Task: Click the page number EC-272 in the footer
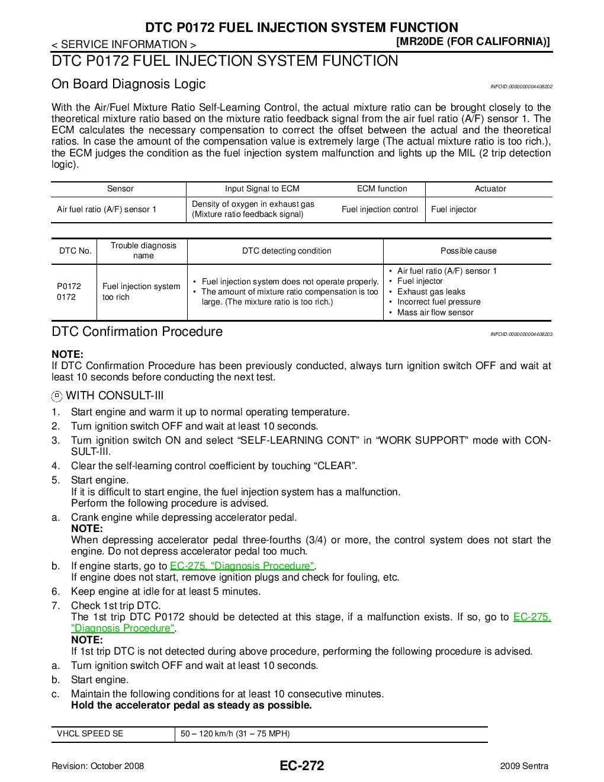[302, 765]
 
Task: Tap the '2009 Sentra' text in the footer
[524, 766]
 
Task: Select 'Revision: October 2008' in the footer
[98, 766]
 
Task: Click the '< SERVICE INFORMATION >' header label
[124, 44]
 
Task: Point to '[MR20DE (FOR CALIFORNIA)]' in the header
[473, 41]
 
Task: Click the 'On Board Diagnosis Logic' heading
[128, 84]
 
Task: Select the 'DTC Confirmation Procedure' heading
[137, 332]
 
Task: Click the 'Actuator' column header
[490, 189]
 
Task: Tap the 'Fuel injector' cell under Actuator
[454, 209]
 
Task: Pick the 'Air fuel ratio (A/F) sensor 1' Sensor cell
[107, 209]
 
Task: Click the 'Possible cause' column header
[468, 251]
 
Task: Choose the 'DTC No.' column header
[75, 251]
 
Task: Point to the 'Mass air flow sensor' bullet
[435, 312]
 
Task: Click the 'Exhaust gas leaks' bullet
[431, 291]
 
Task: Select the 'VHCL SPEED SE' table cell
[90, 733]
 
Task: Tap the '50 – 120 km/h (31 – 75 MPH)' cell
[235, 733]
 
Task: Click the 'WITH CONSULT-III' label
[115, 396]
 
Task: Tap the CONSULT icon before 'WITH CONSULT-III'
[57, 396]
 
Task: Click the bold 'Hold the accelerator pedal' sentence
[191, 705]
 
